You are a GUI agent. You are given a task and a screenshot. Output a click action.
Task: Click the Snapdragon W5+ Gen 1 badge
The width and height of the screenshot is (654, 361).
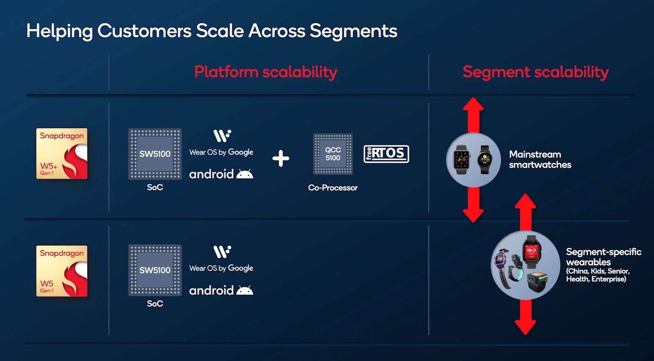pyautogui.click(x=62, y=154)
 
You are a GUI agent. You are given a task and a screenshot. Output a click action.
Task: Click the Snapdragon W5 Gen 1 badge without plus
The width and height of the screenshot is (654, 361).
pyautogui.click(x=62, y=271)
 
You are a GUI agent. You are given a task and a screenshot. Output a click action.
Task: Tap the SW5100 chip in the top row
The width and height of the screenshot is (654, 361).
pyautogui.click(x=155, y=154)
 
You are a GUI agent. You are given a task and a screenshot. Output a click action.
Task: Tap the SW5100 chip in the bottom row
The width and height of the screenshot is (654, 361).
pyautogui.click(x=155, y=270)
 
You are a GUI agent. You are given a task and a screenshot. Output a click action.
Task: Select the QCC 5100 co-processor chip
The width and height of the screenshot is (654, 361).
pyautogui.click(x=333, y=154)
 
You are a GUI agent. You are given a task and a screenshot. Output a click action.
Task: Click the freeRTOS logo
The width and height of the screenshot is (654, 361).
pyautogui.click(x=386, y=154)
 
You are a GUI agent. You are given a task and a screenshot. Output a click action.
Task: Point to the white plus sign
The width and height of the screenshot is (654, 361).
pyautogui.click(x=281, y=159)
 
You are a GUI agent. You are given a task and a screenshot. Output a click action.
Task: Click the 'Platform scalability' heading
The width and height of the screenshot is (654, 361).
pyautogui.click(x=266, y=72)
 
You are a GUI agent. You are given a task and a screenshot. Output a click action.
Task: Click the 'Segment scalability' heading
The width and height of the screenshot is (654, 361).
pyautogui.click(x=535, y=72)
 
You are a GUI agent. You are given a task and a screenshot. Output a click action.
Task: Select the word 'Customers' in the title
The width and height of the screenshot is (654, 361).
pyautogui.click(x=144, y=31)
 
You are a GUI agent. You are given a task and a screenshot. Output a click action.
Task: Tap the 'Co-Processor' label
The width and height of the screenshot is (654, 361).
pyautogui.click(x=332, y=188)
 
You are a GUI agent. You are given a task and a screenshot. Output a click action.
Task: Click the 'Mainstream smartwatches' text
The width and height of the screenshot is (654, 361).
pyautogui.click(x=540, y=160)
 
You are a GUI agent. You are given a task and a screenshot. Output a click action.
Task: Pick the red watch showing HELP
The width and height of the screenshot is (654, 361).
pyautogui.click(x=531, y=252)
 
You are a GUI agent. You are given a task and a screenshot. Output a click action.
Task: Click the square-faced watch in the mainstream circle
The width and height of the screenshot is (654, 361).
pyautogui.click(x=461, y=160)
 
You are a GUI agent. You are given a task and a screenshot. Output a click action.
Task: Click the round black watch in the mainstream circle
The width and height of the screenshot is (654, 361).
pyautogui.click(x=484, y=160)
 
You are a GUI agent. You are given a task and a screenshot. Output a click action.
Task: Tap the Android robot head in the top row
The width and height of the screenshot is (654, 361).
pyautogui.click(x=245, y=174)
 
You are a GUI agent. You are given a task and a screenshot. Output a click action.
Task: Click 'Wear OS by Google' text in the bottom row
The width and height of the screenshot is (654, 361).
pyautogui.click(x=221, y=268)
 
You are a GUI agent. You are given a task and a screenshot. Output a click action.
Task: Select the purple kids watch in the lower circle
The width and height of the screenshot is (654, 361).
pyautogui.click(x=501, y=264)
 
